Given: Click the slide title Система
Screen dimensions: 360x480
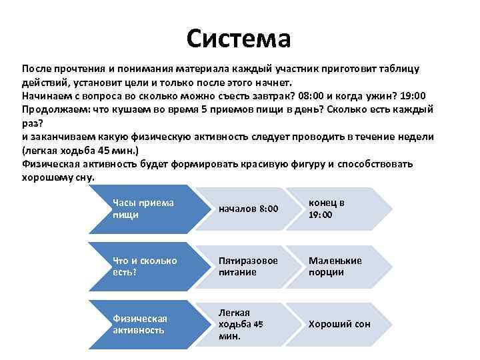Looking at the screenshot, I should pyautogui.click(x=239, y=38).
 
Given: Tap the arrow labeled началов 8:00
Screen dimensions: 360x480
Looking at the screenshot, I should pyautogui.click(x=248, y=209).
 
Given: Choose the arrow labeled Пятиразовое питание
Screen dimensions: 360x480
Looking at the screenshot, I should pyautogui.click(x=248, y=266).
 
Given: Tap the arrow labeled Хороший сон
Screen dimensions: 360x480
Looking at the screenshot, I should pyautogui.click(x=339, y=324).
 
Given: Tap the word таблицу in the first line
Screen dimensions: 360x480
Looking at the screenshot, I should pyautogui.click(x=399, y=69).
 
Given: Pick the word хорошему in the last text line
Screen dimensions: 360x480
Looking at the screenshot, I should pyautogui.click(x=47, y=177).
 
